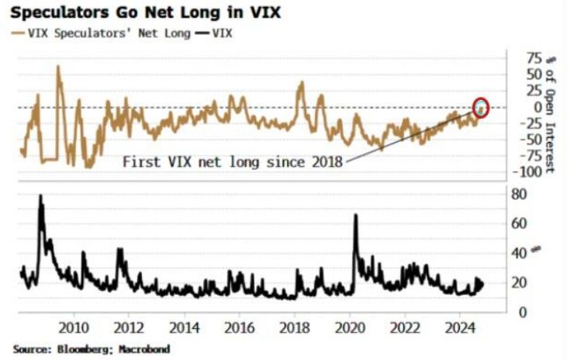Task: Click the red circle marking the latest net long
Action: tap(482, 108)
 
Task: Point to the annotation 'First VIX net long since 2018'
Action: tap(232, 162)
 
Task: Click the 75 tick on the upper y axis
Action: tap(513, 57)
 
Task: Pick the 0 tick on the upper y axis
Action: tap(520, 106)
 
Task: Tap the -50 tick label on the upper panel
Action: tap(514, 139)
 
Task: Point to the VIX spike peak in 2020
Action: tap(356, 216)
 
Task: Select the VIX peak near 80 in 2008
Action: tap(40, 196)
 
